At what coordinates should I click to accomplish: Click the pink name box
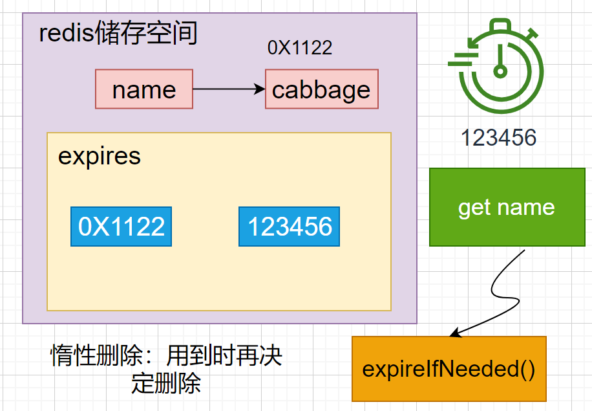coord(144,89)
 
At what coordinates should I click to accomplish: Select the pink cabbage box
coord(321,89)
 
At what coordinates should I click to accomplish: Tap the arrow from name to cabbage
coord(226,89)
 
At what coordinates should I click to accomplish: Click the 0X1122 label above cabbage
coord(300,47)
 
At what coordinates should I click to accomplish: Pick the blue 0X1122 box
coord(122,227)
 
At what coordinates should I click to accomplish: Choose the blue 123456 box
coord(289,227)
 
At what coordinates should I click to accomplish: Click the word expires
coord(100,157)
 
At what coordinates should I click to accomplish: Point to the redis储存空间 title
coord(118,34)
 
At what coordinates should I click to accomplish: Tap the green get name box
coord(506,207)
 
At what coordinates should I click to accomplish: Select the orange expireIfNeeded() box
coord(449,370)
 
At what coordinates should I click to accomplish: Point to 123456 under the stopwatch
coord(498,137)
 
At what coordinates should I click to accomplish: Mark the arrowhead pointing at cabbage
coord(260,89)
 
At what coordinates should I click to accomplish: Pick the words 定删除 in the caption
coord(166,384)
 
